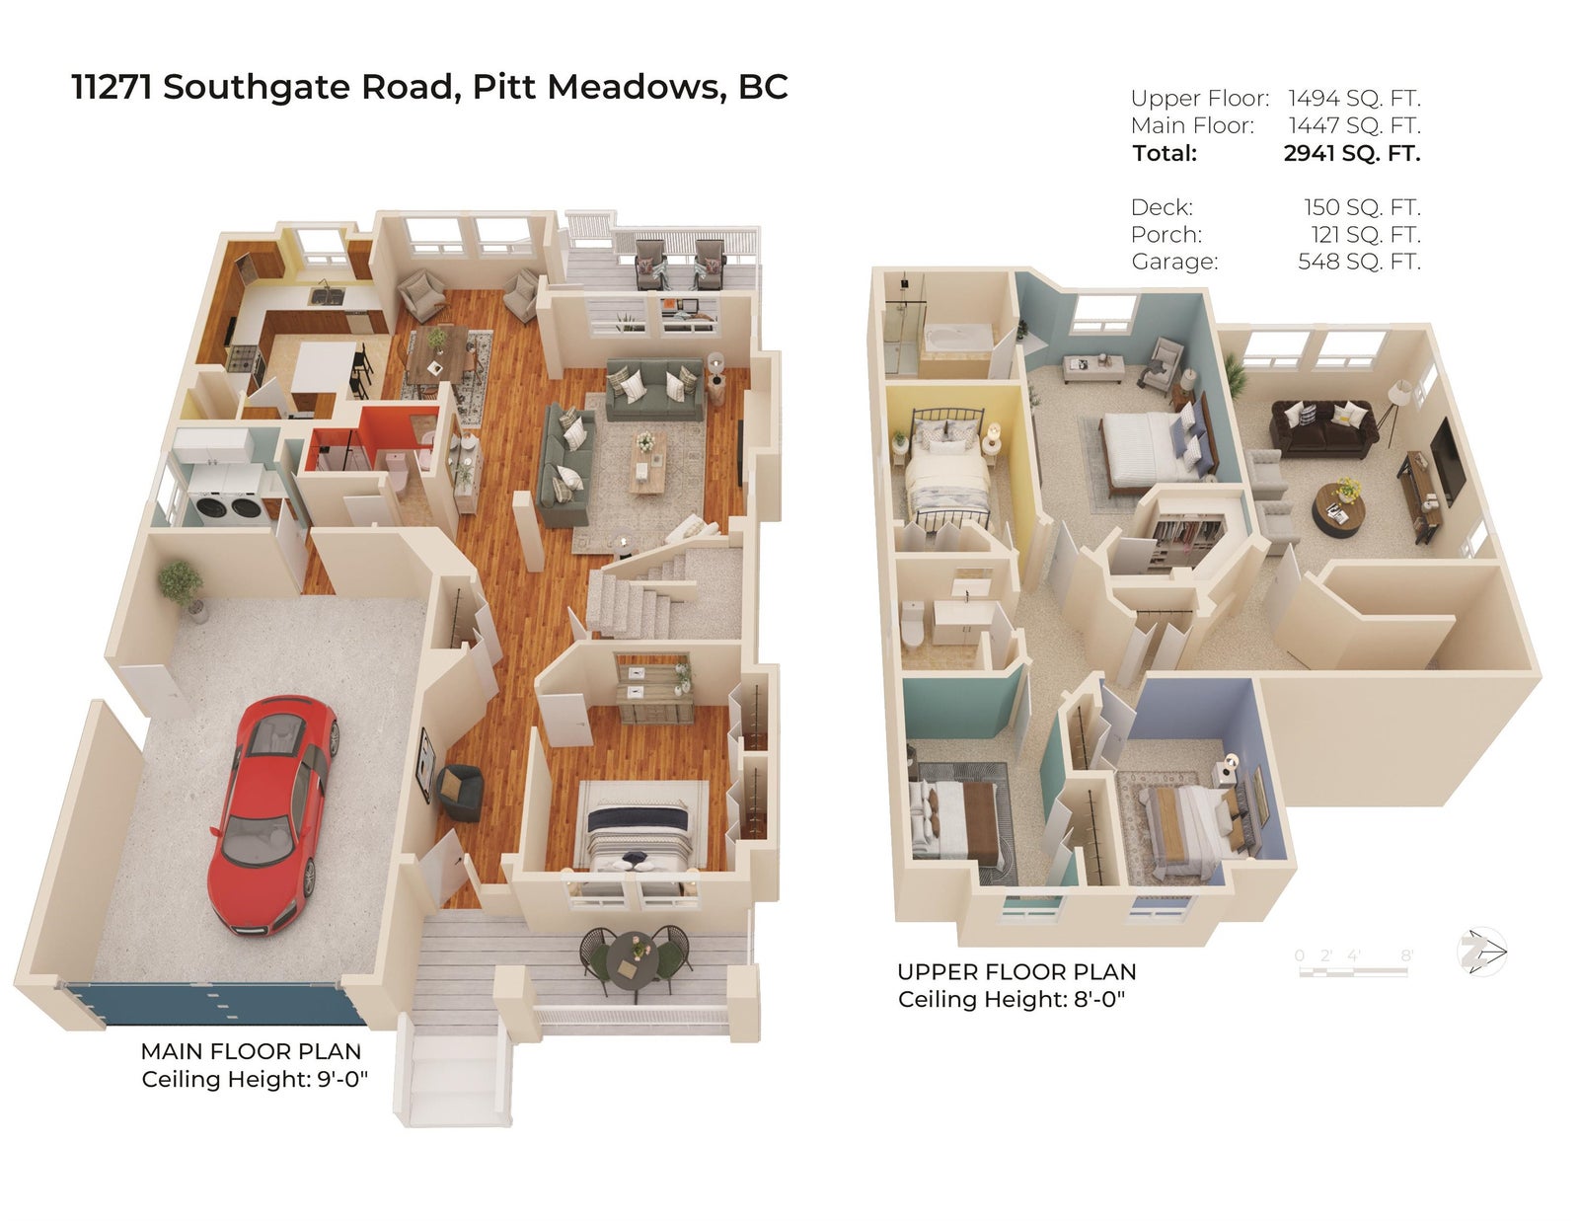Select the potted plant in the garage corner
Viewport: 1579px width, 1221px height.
point(182,588)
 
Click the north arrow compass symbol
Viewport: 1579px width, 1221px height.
point(1481,952)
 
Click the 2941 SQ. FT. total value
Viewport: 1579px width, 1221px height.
point(1352,153)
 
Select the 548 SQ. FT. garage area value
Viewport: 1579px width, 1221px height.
point(1359,262)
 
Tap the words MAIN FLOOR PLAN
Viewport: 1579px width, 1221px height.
point(251,1051)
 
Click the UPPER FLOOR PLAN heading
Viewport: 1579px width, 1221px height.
point(1016,971)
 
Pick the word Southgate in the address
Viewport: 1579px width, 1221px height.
point(258,87)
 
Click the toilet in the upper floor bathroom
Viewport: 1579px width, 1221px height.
point(912,623)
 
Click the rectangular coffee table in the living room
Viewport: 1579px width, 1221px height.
point(647,462)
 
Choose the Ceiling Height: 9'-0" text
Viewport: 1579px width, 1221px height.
point(255,1079)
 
